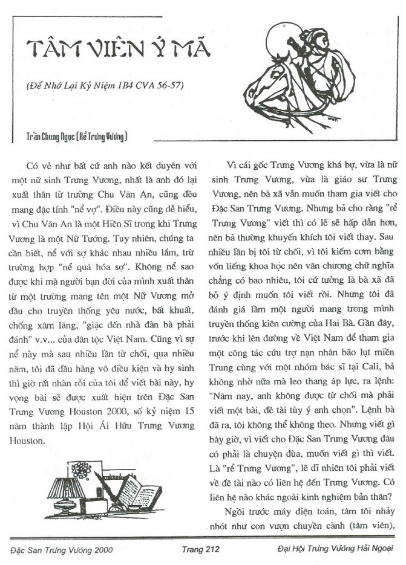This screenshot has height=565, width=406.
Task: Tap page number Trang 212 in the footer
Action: point(200,549)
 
